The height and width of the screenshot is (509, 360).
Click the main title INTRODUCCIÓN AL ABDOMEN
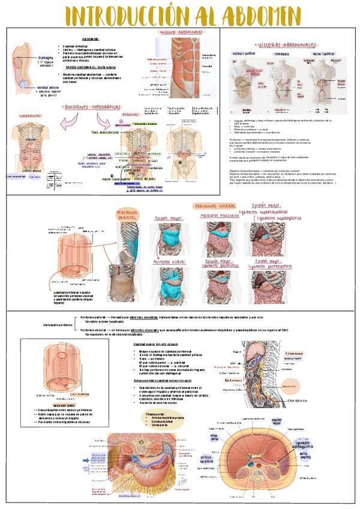(179, 14)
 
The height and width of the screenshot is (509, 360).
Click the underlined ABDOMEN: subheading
(92, 38)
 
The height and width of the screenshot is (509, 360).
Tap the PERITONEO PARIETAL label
(127, 215)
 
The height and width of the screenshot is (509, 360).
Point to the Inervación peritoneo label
(58, 325)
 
